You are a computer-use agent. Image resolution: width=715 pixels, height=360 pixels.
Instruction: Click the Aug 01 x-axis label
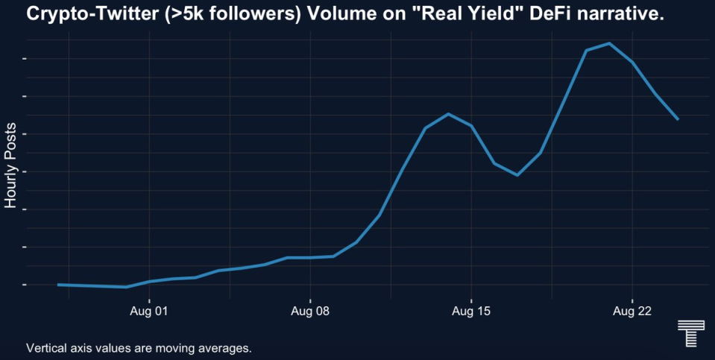click(149, 312)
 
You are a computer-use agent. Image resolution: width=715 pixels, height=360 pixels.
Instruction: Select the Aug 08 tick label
click(310, 312)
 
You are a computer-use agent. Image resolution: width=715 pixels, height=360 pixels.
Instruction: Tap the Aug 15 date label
click(471, 312)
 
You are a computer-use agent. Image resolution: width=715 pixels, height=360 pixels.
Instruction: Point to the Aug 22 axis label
click(632, 312)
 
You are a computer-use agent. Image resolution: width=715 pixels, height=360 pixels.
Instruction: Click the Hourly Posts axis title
click(10, 166)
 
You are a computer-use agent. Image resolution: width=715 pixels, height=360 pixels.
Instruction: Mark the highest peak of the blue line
click(609, 43)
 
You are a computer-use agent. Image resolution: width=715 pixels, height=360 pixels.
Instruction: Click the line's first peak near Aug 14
click(448, 114)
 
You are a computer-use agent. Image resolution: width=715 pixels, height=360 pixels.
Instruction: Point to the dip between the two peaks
click(517, 175)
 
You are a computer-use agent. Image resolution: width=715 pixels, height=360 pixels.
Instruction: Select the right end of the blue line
click(678, 119)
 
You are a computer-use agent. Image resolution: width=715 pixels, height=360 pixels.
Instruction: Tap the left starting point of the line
click(58, 285)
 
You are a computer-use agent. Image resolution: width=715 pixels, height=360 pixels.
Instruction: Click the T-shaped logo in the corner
click(687, 333)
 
